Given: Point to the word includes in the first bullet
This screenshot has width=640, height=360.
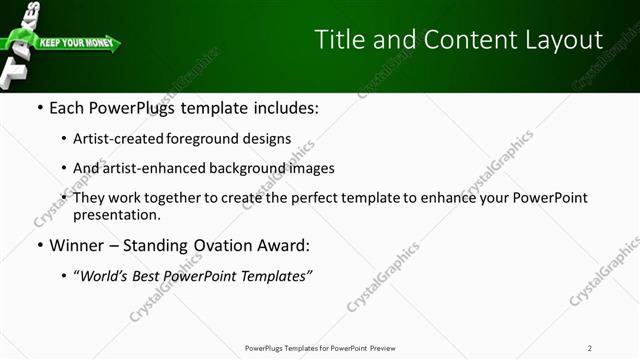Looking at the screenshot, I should (283, 107).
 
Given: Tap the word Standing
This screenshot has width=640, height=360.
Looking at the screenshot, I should (172, 245).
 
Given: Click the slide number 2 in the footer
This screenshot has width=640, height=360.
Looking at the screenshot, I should (590, 348).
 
